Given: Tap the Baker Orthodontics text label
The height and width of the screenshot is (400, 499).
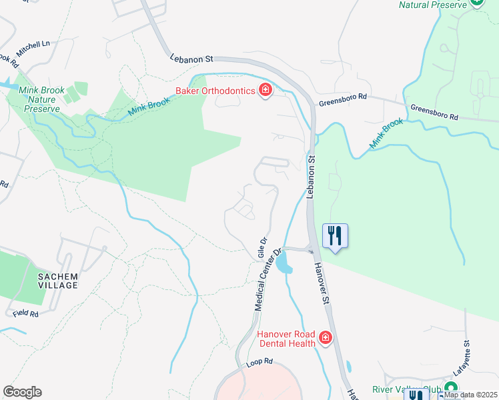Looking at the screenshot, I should (216, 91).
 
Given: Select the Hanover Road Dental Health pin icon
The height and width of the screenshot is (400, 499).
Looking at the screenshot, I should (326, 339).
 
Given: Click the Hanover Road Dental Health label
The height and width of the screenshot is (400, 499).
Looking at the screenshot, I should (286, 339).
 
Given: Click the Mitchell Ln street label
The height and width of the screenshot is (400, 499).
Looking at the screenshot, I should (33, 45).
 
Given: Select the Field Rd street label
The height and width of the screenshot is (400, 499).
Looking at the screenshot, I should (25, 311).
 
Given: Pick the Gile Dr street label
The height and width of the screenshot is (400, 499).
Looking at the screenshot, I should (262, 247).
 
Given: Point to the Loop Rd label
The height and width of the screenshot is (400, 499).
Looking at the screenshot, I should (260, 361).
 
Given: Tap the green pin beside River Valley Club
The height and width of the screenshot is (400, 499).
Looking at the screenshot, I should (450, 388).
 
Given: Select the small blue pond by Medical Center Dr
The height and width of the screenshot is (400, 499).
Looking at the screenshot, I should (283, 261).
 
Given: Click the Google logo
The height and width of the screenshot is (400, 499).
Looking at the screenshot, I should (22, 392).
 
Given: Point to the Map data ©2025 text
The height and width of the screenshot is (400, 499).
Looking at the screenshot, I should (470, 395).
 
